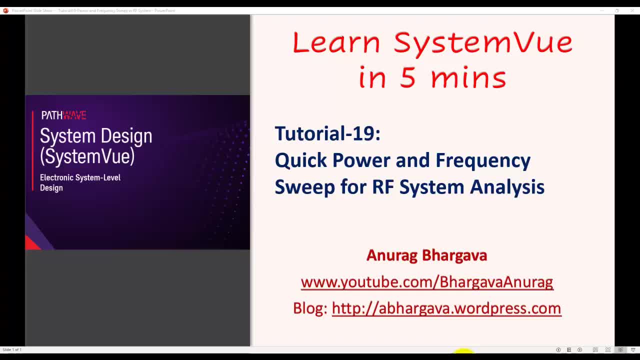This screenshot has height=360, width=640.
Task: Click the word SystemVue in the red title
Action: (x=483, y=43)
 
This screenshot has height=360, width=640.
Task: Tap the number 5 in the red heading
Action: (x=408, y=78)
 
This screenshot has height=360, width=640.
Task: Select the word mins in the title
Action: (x=468, y=78)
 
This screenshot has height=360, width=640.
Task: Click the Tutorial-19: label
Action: (x=327, y=133)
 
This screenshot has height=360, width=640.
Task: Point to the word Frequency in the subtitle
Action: (x=482, y=160)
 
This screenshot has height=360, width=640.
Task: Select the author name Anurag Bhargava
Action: (x=426, y=255)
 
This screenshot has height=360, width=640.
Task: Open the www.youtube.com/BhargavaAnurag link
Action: (x=426, y=282)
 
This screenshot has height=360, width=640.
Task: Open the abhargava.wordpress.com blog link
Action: (x=446, y=308)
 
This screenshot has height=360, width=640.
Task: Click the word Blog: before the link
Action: (x=310, y=308)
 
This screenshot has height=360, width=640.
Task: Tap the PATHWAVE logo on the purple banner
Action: (x=63, y=115)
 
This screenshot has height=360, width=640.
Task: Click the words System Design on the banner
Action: (x=96, y=136)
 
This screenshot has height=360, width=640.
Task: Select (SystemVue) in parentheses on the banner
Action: (x=87, y=156)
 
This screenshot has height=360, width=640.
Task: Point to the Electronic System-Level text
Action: (x=80, y=177)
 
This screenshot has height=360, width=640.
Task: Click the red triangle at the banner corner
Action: (x=31, y=243)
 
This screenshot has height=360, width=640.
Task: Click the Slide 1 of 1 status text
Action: (x=12, y=349)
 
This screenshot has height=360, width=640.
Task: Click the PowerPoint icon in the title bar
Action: (x=5, y=10)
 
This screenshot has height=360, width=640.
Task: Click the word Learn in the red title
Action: (x=336, y=43)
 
